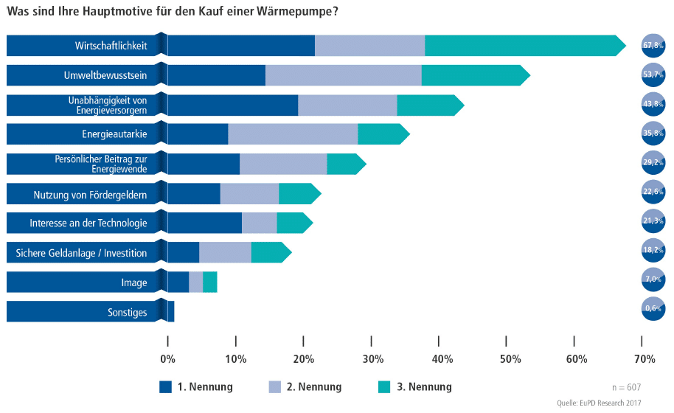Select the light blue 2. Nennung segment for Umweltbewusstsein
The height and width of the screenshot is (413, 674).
coord(343,75)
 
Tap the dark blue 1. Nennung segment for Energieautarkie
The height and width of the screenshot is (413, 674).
coord(198,134)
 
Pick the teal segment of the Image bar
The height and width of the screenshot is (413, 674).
coord(209,282)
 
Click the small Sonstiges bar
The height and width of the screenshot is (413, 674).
coord(170,311)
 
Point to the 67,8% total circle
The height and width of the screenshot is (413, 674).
coord(653,46)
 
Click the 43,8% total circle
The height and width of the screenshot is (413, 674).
coord(653,105)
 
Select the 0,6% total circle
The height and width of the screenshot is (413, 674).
coord(653,309)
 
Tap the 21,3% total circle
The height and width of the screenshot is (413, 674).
coord(653,221)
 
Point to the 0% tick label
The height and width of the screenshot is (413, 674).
coord(168,359)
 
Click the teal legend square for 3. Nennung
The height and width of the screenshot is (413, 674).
coord(383,386)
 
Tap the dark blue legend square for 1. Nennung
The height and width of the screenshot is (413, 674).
coord(166,386)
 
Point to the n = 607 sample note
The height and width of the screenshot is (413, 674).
coord(627,386)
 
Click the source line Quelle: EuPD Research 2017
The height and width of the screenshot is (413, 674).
coord(599,403)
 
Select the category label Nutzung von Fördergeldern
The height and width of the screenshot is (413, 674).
coord(90,195)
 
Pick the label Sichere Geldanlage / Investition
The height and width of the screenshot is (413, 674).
coord(81,253)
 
